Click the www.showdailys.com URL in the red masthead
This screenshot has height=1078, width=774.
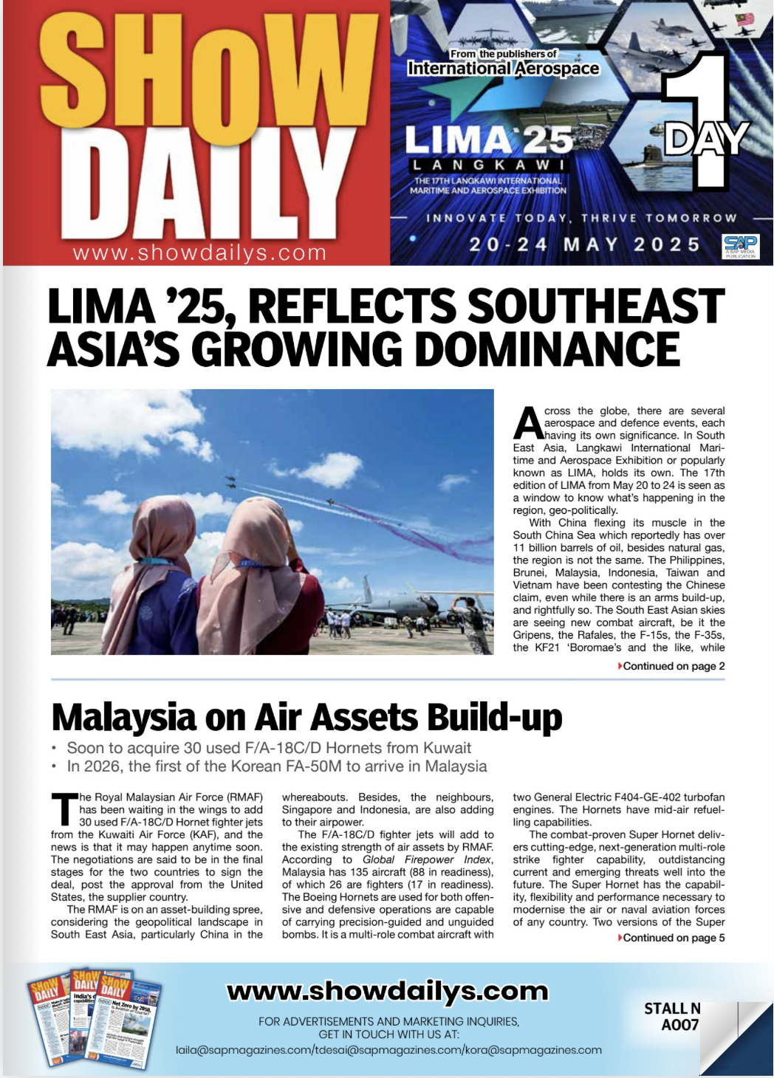coord(199,253)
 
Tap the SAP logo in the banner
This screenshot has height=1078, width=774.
coord(740,245)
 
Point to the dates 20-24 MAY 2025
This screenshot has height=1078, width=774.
coord(584,244)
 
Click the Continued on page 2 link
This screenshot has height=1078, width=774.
coord(673,666)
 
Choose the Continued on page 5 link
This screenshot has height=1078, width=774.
coord(673,938)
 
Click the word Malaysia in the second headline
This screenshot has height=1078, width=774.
coord(123,718)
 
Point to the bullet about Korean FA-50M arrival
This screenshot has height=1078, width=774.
coord(276,766)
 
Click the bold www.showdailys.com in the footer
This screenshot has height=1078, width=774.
coord(387,991)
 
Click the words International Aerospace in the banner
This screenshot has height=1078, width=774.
coord(503,69)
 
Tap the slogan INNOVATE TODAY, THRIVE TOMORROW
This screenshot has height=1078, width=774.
coord(581,218)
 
